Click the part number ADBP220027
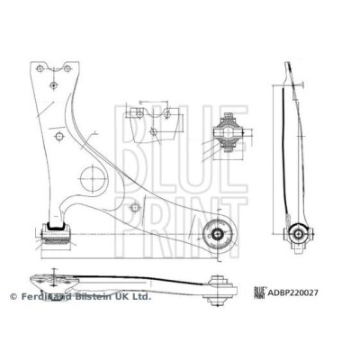pos(292,292)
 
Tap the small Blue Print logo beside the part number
pos(260,292)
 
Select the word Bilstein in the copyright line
pos(94,297)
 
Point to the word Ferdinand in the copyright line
pos(47,297)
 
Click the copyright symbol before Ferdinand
pos(13,297)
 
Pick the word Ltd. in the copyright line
pos(141,297)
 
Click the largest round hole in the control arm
pos(93,178)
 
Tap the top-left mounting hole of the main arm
pos(40,68)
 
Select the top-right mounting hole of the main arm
pos(67,68)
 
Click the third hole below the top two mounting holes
pos(53,85)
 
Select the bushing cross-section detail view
pos(229,132)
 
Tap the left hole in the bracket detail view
pos(139,114)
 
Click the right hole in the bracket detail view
pos(167,114)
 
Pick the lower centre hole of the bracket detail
pos(153,131)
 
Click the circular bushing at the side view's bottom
pos(299,234)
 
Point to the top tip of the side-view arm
pos(287,62)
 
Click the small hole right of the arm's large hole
pos(135,207)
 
